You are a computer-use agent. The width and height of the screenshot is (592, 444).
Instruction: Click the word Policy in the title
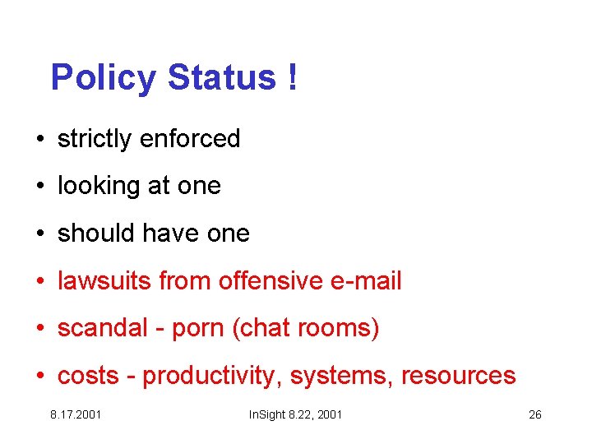[x=103, y=79]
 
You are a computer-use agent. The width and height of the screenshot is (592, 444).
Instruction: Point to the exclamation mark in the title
[x=293, y=79]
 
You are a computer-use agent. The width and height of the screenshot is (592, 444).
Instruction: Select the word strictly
[x=95, y=139]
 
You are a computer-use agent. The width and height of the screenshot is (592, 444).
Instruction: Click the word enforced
[x=190, y=139]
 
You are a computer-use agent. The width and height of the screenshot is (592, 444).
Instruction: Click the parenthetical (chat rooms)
[x=306, y=329]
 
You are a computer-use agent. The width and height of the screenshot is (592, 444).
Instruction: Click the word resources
[x=458, y=377]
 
